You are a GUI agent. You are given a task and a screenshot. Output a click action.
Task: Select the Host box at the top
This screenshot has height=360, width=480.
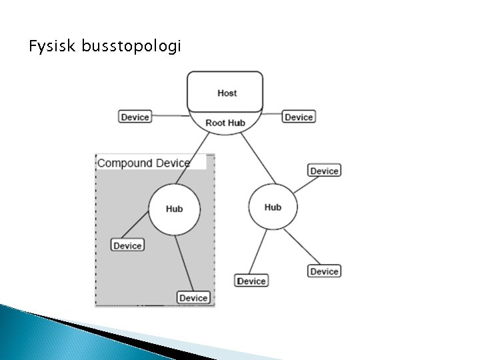[226, 92]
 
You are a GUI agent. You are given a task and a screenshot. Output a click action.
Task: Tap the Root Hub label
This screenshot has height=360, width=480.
[225, 123]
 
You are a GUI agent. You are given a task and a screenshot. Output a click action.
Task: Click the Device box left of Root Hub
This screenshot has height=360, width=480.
[135, 117]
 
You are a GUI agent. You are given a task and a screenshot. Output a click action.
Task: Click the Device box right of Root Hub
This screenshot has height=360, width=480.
[299, 117]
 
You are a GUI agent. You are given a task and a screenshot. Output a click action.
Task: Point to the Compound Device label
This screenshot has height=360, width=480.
[144, 163]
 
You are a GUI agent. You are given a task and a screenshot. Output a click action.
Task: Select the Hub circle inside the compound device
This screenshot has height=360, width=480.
[174, 209]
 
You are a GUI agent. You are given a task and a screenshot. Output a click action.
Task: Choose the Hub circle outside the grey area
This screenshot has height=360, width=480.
[273, 207]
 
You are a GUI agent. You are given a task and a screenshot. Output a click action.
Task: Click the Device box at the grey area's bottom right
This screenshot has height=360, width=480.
[193, 297]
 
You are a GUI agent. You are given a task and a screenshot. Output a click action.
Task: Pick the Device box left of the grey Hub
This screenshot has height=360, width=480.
[127, 245]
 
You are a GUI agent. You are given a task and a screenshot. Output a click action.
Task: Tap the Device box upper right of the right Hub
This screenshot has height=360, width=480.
[324, 171]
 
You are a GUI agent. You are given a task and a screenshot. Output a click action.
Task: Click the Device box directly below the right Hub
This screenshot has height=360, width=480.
[251, 281]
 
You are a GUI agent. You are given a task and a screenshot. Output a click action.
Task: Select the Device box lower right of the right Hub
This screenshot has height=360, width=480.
[324, 271]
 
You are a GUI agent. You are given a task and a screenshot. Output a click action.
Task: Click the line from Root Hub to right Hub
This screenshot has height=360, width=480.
[257, 159]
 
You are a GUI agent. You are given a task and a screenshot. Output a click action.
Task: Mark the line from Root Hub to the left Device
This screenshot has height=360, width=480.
[171, 116]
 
